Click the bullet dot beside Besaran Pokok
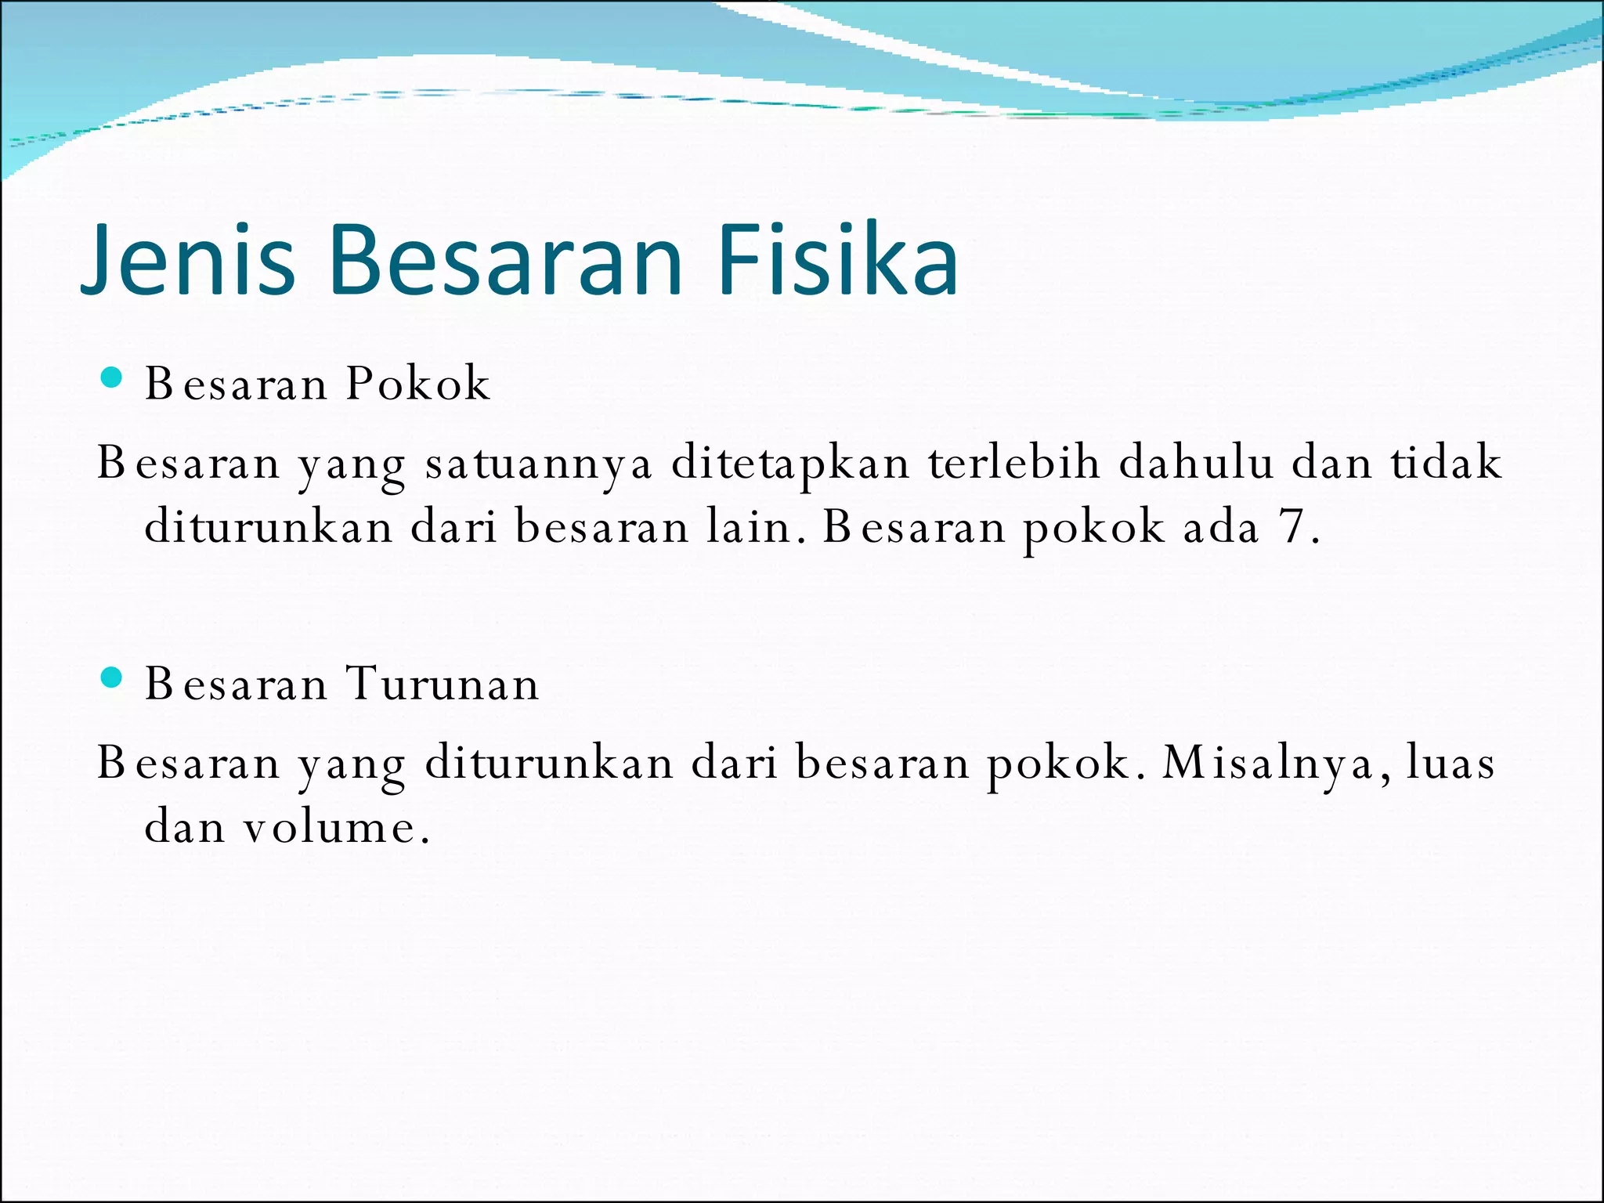[112, 378]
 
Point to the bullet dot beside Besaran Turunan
[112, 677]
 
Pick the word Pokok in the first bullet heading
[418, 384]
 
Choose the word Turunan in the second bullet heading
[443, 684]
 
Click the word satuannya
[539, 463]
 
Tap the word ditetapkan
[791, 463]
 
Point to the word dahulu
[1196, 463]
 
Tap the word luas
[1450, 763]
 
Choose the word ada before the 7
[1222, 527]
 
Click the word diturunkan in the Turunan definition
[549, 763]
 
